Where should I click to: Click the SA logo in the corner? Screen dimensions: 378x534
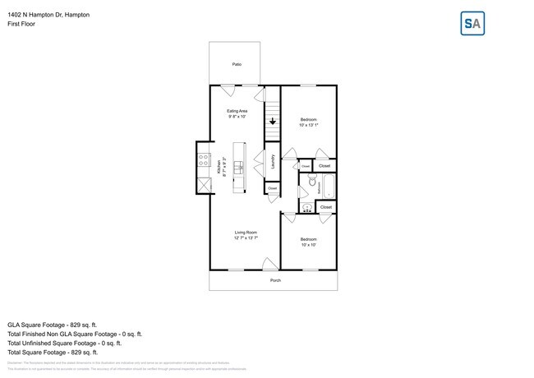(472, 24)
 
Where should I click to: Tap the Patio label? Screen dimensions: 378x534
(237, 63)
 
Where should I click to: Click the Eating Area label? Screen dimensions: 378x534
(237, 113)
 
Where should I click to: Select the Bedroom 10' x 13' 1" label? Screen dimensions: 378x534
(308, 122)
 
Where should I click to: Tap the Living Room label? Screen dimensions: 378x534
(246, 235)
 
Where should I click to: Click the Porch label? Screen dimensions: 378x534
(275, 280)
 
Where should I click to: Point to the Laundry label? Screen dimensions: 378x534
(273, 163)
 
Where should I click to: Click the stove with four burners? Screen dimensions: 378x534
(202, 160)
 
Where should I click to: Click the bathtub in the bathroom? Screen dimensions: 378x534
(328, 187)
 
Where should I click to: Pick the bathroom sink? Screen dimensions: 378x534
(306, 207)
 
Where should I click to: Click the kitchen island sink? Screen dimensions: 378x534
(239, 168)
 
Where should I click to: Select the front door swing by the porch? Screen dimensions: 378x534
(269, 264)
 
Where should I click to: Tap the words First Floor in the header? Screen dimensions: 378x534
(22, 24)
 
